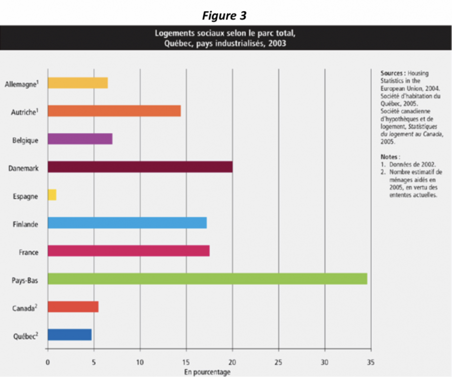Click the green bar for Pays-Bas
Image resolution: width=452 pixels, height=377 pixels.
tap(207, 278)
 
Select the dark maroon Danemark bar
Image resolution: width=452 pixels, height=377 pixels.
tap(140, 166)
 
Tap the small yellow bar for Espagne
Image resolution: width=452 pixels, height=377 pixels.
tap(52, 195)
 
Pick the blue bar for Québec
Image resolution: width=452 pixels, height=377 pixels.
tap(69, 335)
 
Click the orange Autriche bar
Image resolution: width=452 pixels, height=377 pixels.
tap(114, 111)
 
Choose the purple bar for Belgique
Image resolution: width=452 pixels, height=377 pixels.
tap(80, 139)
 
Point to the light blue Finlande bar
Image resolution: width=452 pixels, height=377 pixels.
tap(127, 223)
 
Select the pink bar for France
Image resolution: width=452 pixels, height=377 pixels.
tap(129, 251)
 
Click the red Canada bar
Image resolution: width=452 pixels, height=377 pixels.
tap(73, 307)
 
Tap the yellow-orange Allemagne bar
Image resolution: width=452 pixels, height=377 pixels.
tap(78, 83)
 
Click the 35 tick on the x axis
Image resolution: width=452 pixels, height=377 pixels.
tap(371, 361)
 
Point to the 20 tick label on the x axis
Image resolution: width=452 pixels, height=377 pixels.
tap(232, 361)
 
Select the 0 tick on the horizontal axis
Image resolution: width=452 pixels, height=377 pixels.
tap(48, 361)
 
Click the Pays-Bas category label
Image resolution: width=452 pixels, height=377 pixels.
tap(26, 280)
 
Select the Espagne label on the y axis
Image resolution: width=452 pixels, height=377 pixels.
tap(25, 196)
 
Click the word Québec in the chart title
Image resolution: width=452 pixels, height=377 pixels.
tap(175, 43)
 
